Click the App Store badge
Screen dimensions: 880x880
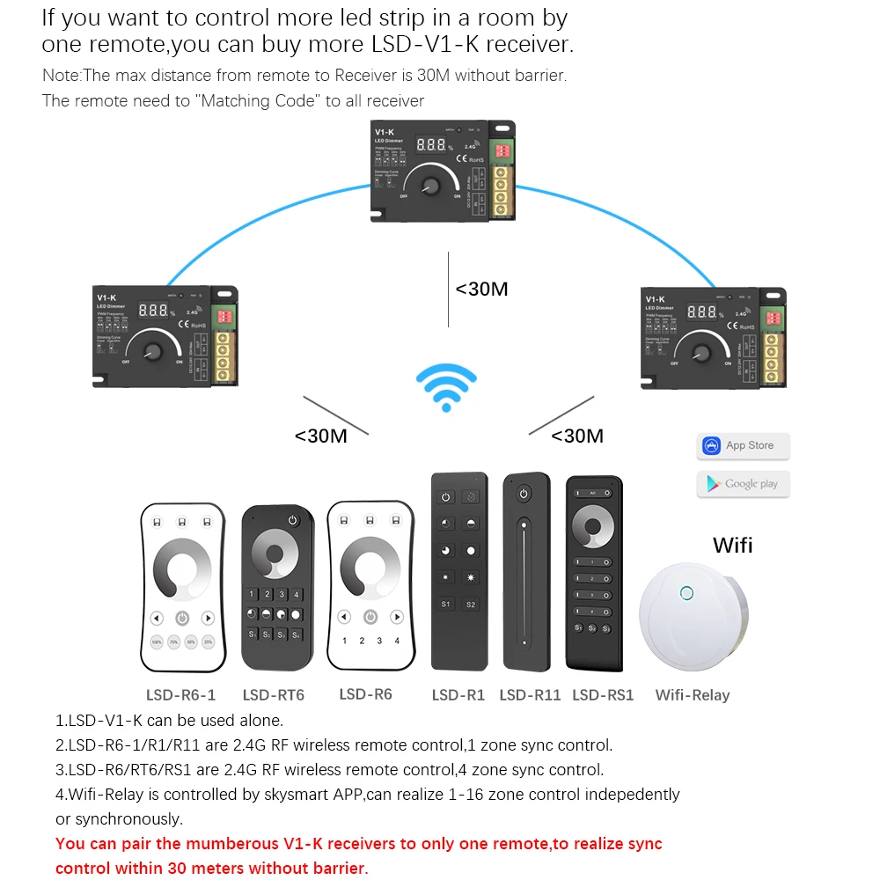pyautogui.click(x=743, y=446)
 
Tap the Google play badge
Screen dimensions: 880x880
pyautogui.click(x=743, y=484)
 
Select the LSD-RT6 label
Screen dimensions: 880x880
pyautogui.click(x=273, y=695)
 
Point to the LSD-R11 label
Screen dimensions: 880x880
pyautogui.click(x=530, y=695)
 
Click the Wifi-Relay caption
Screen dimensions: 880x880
pyautogui.click(x=693, y=695)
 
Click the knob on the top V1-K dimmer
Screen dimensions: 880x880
pyautogui.click(x=431, y=187)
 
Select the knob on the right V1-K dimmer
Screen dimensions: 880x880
pyautogui.click(x=701, y=352)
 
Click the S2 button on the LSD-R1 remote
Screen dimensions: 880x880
pyautogui.click(x=471, y=605)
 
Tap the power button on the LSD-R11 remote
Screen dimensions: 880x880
pyautogui.click(x=524, y=493)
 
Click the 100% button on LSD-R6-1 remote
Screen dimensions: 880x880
pyautogui.click(x=156, y=642)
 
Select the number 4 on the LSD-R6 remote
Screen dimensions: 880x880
pyautogui.click(x=397, y=642)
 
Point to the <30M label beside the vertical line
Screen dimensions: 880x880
pyautogui.click(x=481, y=289)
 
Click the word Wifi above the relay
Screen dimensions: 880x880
pyautogui.click(x=732, y=545)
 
